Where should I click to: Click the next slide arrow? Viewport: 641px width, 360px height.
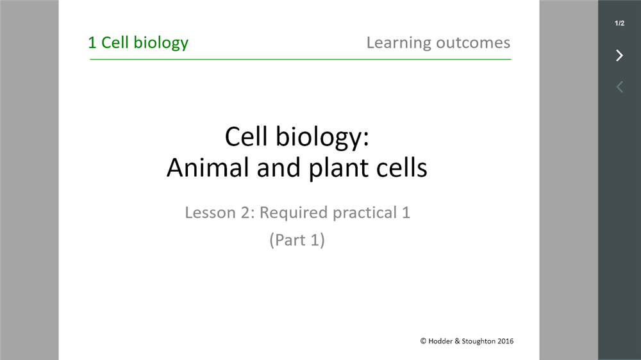[620, 55]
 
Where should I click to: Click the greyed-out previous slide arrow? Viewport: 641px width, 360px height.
[620, 86]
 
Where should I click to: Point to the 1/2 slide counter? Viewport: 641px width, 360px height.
[620, 23]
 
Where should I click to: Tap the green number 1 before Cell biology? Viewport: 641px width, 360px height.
[92, 42]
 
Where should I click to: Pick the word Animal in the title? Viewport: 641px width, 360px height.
[208, 168]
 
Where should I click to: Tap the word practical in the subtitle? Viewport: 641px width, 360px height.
[365, 213]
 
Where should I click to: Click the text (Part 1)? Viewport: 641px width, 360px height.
[297, 240]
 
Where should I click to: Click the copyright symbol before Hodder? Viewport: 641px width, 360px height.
[423, 341]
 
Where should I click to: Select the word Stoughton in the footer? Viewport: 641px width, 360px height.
[478, 341]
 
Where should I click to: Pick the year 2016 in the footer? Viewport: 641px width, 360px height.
[505, 341]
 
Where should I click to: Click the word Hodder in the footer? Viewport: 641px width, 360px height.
[440, 341]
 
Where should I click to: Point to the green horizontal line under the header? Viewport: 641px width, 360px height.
[301, 59]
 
